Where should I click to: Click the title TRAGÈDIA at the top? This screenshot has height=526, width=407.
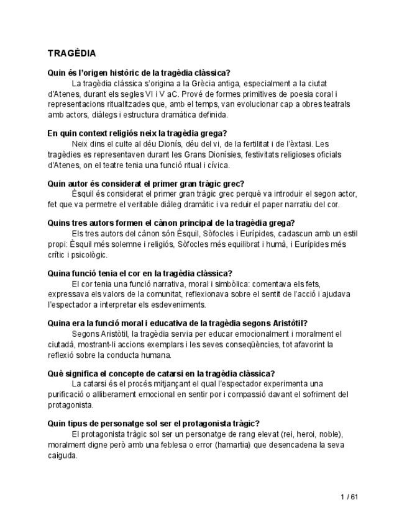tap(71, 54)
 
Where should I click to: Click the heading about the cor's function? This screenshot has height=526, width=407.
tap(140, 273)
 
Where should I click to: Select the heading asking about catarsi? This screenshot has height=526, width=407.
tap(161, 373)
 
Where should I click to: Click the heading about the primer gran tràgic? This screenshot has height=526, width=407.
tap(145, 183)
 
